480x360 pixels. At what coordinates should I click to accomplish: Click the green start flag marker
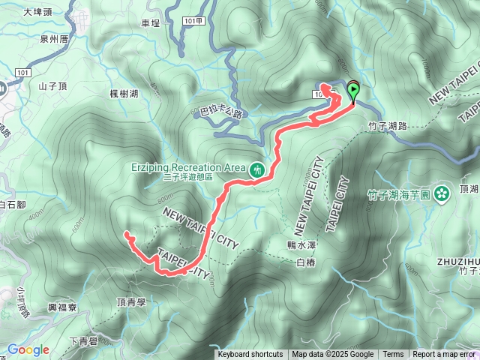352,91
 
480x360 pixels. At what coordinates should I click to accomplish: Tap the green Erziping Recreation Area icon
257,170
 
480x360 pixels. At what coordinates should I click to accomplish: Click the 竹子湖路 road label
386,126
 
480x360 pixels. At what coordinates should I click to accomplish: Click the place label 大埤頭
37,12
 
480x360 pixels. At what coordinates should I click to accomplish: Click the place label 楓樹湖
123,92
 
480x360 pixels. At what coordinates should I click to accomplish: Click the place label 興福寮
63,307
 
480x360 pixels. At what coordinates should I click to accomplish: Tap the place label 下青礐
83,341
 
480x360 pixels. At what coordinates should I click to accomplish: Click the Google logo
28,349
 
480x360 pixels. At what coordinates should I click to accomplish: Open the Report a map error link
444,355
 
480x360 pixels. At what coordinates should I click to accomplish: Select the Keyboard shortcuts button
250,355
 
